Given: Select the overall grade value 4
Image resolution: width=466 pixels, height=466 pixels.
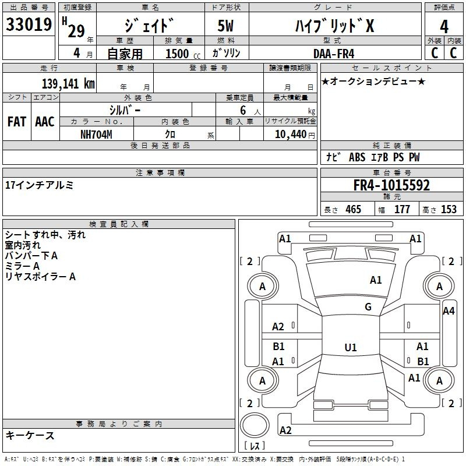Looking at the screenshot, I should point(444,26).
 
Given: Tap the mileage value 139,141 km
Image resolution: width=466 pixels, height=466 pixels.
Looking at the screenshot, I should point(68,84).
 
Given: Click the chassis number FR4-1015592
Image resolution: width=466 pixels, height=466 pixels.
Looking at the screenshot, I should point(391,186).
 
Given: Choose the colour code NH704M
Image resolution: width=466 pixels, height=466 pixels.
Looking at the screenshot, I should point(96,134).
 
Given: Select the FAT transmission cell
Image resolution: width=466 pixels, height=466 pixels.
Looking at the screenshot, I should point(16,121).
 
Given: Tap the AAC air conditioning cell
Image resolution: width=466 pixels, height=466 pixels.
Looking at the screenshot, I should point(45,121).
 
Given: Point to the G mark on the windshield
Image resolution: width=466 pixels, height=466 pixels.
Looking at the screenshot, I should point(368,307).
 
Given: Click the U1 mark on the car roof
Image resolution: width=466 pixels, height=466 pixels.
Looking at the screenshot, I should point(351,348).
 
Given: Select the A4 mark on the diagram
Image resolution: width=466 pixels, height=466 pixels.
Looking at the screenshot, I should point(448,311).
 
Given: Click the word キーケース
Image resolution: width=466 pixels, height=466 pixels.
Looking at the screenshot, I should point(30,435).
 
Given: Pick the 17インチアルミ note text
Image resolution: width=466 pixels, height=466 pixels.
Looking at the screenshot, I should point(39,185).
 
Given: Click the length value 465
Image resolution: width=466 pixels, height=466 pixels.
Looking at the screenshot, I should point(353,210).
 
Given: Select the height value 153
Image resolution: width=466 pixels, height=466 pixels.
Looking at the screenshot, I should point(449,210).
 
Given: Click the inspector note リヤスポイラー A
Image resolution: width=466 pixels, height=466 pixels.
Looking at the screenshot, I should point(40,277).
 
